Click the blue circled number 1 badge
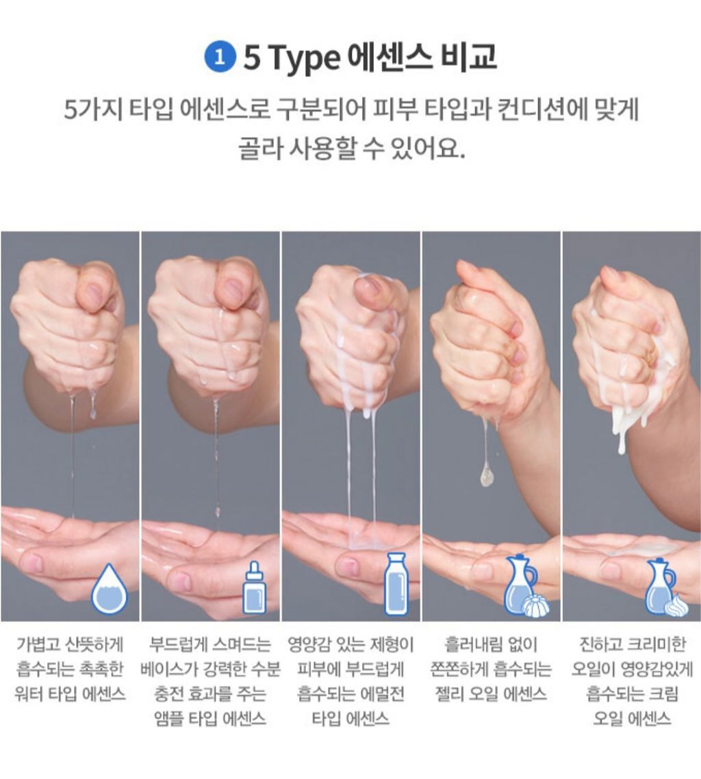pos(219,57)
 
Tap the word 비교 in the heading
pos(468,57)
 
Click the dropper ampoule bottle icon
pos(254,588)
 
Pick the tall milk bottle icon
pos(396,584)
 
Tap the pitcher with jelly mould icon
pos(524,586)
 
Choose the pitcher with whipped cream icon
pos(665,588)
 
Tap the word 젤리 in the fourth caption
pos(450,693)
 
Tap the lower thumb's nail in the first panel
pos(32,562)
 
